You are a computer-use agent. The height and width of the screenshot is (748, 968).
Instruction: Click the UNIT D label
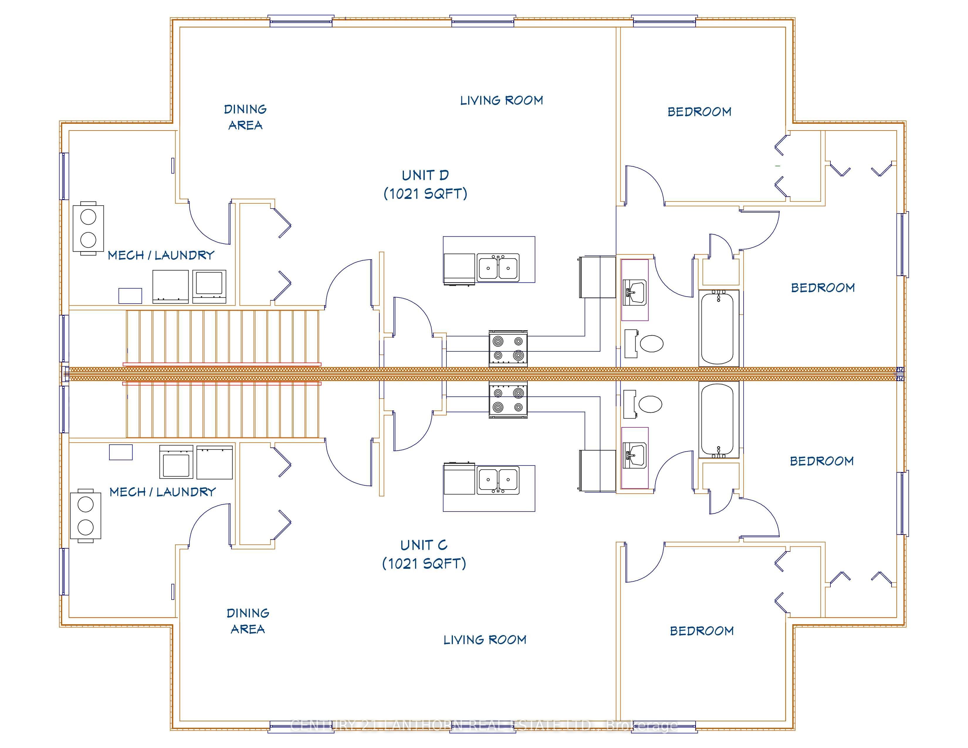pyautogui.click(x=425, y=175)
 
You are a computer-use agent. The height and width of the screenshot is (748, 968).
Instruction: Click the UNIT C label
pyautogui.click(x=424, y=545)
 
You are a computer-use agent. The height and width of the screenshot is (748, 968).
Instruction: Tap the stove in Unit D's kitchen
pyautogui.click(x=508, y=348)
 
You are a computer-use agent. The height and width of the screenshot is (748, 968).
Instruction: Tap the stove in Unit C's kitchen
pyautogui.click(x=508, y=400)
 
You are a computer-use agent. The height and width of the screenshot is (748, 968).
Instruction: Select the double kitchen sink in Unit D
pyautogui.click(x=498, y=268)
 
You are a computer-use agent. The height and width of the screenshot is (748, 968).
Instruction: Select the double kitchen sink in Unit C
pyautogui.click(x=498, y=480)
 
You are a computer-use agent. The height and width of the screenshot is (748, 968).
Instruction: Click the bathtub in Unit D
pyautogui.click(x=718, y=328)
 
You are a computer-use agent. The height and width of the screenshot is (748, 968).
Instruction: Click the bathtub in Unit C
pyautogui.click(x=718, y=419)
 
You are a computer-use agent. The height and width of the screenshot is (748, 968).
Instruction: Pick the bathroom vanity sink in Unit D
pyautogui.click(x=635, y=292)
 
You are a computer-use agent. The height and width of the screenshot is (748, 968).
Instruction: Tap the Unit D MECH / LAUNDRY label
pyautogui.click(x=161, y=255)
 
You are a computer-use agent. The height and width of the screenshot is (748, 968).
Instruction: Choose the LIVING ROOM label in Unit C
pyautogui.click(x=485, y=639)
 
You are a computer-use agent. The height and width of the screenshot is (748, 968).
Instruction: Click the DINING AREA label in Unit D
pyautogui.click(x=246, y=117)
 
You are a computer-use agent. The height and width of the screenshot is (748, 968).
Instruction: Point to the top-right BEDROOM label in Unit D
pyautogui.click(x=699, y=112)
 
